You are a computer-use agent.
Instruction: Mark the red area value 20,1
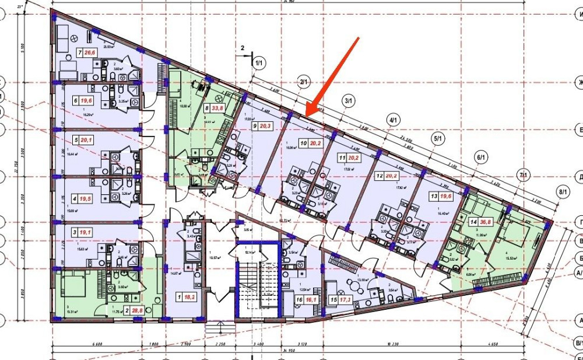[87, 140]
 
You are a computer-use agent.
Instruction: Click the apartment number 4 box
[75, 198]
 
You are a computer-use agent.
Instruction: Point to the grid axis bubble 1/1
[258, 60]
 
